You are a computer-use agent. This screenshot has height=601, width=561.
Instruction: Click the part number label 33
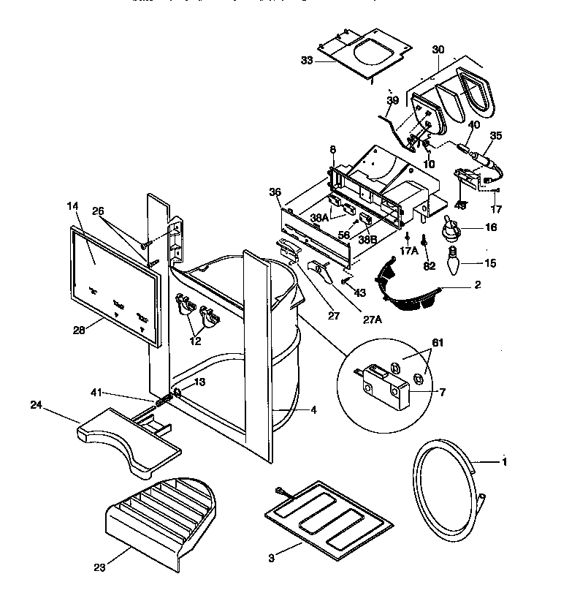306,61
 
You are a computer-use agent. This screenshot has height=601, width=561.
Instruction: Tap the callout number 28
80,330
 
